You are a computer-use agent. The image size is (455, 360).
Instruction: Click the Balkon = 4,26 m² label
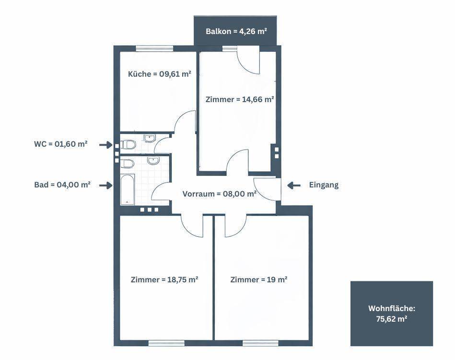236,32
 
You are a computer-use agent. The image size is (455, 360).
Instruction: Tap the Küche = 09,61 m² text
159,74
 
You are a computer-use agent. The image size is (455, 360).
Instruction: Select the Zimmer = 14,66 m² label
239,100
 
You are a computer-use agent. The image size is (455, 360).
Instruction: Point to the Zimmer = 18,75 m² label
164,279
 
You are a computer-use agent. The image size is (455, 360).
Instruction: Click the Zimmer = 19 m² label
258,279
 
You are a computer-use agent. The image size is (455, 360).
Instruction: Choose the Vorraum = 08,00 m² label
219,194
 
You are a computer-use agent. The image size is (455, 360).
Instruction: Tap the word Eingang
324,185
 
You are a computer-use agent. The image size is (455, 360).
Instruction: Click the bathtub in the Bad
127,189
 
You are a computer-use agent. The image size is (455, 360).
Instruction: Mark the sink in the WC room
150,139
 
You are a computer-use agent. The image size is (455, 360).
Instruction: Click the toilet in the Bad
128,163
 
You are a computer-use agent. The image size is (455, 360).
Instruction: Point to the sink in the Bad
153,161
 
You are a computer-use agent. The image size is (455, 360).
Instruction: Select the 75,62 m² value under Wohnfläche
391,318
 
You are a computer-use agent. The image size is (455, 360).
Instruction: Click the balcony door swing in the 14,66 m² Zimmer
249,61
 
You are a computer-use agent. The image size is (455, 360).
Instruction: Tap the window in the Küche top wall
154,48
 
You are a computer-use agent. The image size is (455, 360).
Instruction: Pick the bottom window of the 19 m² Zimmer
260,343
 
